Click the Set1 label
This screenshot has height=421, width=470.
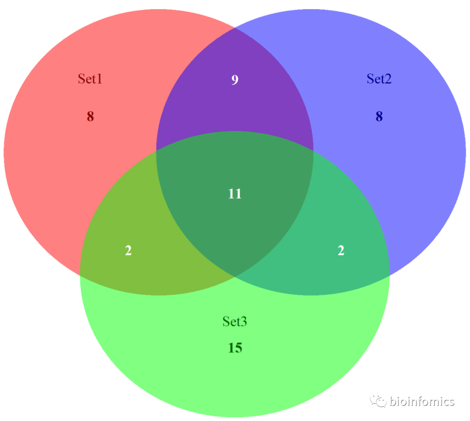click(x=90, y=79)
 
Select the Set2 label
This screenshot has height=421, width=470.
click(x=379, y=79)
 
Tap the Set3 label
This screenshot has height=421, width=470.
click(x=235, y=321)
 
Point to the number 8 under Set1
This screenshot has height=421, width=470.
click(x=90, y=117)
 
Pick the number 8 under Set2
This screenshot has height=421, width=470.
click(x=379, y=117)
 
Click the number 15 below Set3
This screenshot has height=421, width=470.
click(x=235, y=348)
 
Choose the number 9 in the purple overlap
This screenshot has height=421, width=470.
click(x=235, y=80)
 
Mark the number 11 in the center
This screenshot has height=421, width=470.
click(x=235, y=194)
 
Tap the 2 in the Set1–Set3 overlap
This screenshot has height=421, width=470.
click(x=128, y=251)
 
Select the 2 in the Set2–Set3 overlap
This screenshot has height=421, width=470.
click(x=341, y=251)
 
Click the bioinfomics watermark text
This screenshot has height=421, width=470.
click(x=422, y=401)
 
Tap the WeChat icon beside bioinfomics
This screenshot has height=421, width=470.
click(x=377, y=401)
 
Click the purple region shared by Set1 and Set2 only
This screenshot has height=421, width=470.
click(x=235, y=104)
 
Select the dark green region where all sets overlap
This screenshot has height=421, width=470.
click(x=235, y=217)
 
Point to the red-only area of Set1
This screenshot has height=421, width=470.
click(x=65, y=165)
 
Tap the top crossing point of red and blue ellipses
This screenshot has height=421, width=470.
click(x=235, y=28)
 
